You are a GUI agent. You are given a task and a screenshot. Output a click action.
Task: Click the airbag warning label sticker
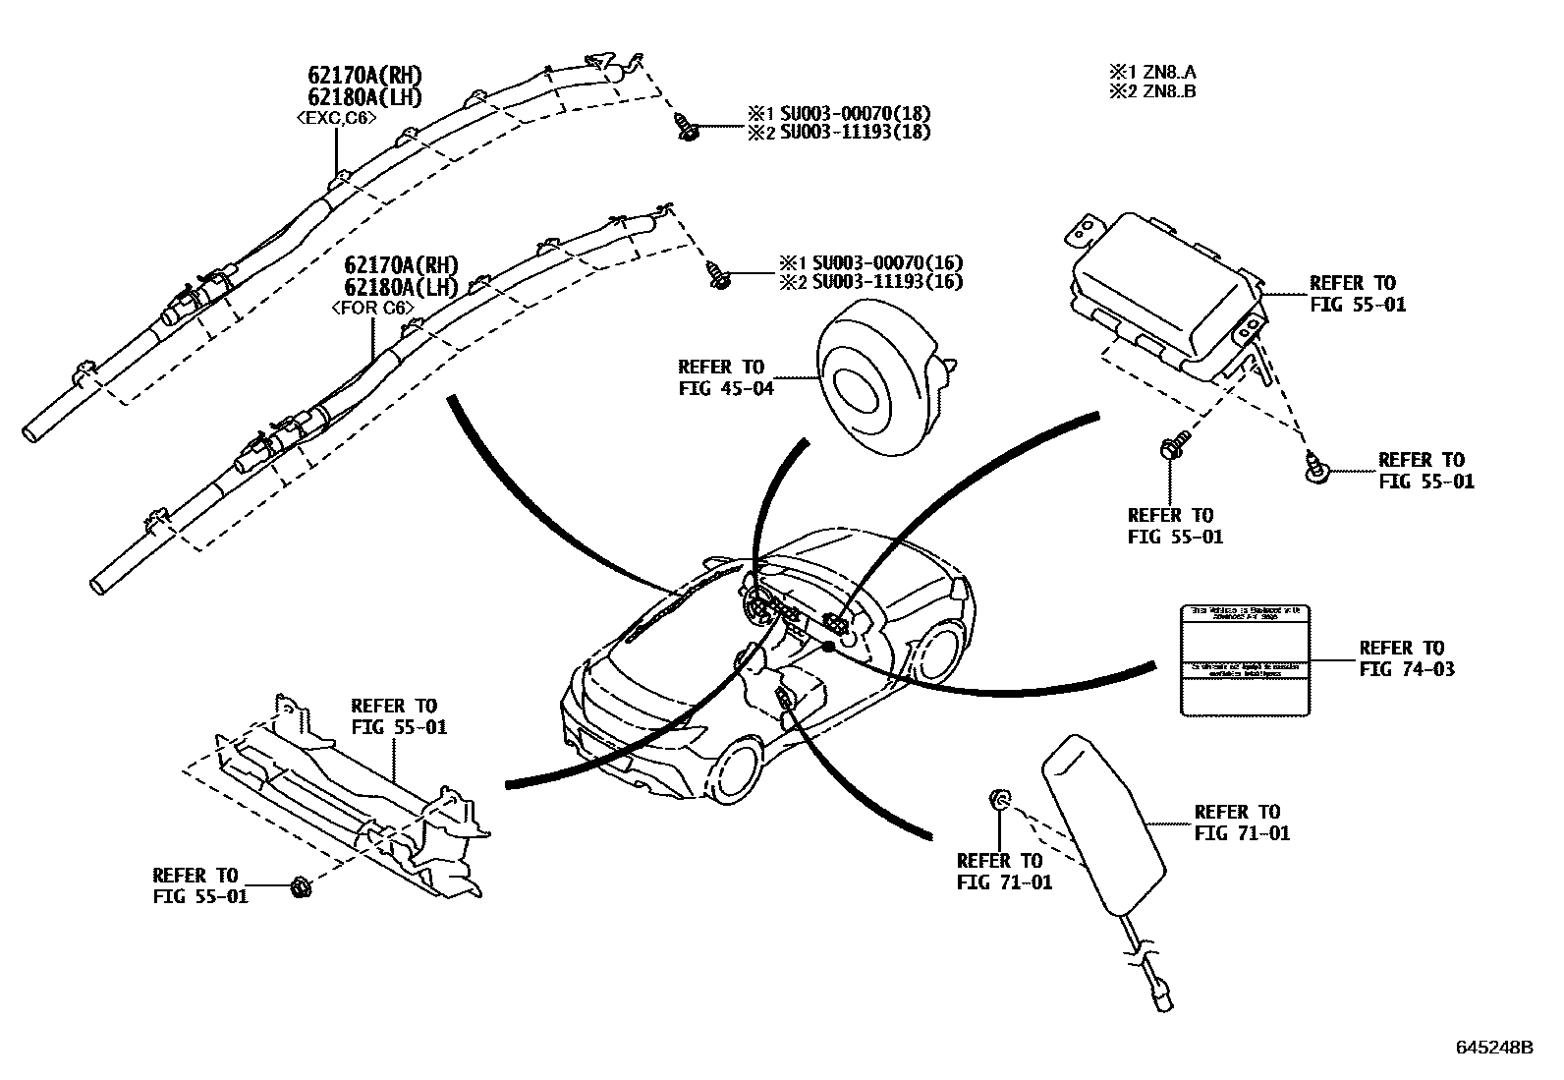(1244, 659)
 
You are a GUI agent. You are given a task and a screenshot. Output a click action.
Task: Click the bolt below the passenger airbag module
(1171, 447)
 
